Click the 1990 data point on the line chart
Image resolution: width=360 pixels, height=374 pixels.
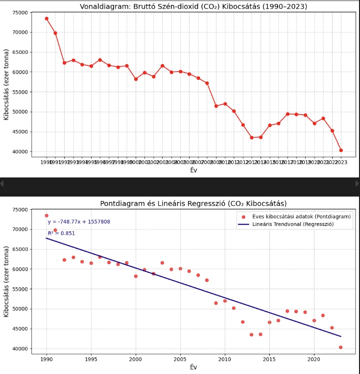pyautogui.click(x=47, y=19)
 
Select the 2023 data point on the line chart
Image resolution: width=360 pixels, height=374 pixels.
pyautogui.click(x=341, y=150)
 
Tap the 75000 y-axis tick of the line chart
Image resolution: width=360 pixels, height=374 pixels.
pyautogui.click(x=20, y=13)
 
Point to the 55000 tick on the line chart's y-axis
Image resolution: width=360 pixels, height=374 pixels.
pyautogui.click(x=20, y=92)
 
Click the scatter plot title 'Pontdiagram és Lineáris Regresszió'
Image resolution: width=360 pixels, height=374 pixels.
pyautogui.click(x=193, y=203)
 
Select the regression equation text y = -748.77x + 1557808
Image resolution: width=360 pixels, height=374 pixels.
pyautogui.click(x=79, y=222)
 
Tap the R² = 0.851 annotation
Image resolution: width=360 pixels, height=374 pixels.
pyautogui.click(x=61, y=234)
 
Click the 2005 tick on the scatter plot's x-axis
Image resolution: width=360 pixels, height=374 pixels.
pyautogui.click(x=180, y=359)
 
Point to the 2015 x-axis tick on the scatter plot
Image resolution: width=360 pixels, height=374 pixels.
pyautogui.click(x=269, y=359)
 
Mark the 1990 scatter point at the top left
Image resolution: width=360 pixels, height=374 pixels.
pyautogui.click(x=47, y=216)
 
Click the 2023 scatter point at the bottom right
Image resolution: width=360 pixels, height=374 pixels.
pyautogui.click(x=341, y=348)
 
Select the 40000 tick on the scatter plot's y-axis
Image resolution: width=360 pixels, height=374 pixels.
pyautogui.click(x=20, y=349)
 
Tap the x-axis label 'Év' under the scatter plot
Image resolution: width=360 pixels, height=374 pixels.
pyautogui.click(x=193, y=367)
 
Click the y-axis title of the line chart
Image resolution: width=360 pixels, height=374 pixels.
pyautogui.click(x=6, y=84)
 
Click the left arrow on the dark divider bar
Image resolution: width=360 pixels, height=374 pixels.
pyautogui.click(x=2, y=183)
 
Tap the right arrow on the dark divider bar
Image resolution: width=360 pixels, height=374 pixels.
pyautogui.click(x=357, y=183)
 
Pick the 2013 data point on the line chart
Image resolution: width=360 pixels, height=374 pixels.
pyautogui.click(x=252, y=138)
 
